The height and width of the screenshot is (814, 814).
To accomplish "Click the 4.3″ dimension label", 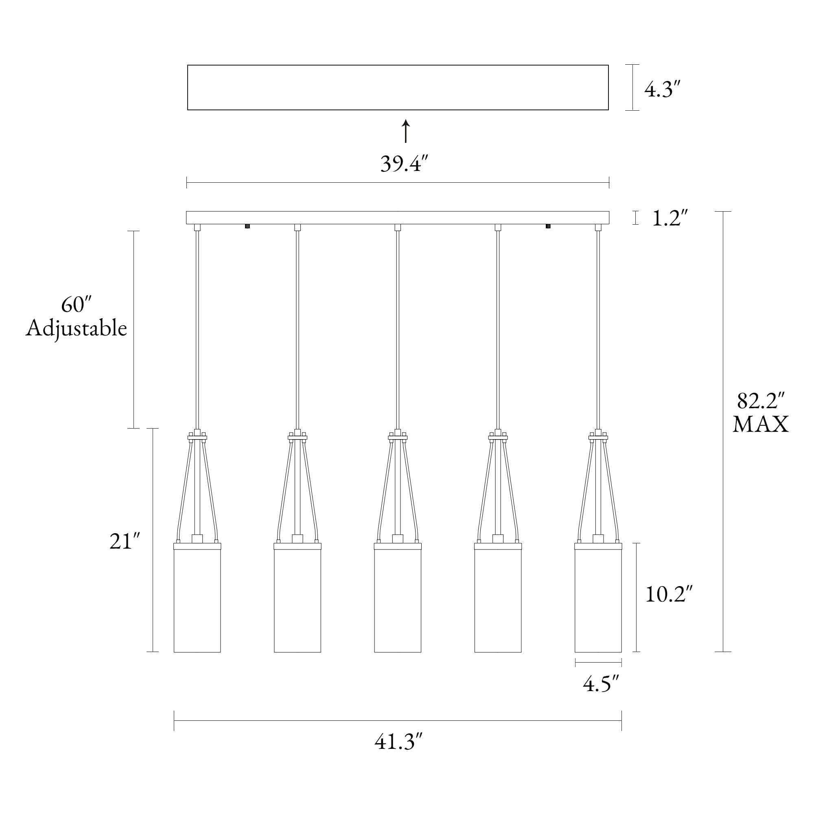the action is (x=663, y=90).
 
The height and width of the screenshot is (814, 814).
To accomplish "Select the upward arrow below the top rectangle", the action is (x=406, y=131).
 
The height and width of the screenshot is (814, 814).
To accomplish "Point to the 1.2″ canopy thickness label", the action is (x=670, y=218).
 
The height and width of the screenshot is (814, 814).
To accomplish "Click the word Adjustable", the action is (x=76, y=329).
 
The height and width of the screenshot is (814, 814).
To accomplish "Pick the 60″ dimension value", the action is (x=76, y=304).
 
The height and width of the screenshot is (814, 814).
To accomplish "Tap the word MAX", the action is (x=761, y=425).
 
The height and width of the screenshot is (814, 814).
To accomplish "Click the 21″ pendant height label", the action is (x=124, y=541).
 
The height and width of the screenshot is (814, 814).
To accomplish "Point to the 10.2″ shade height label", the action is (x=669, y=595).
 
